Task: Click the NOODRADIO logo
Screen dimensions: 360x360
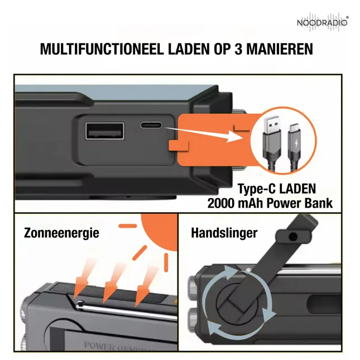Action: pyautogui.click(x=323, y=22)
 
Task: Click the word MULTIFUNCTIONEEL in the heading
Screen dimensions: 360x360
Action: pyautogui.click(x=102, y=49)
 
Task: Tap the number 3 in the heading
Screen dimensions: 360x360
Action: pyautogui.click(x=238, y=49)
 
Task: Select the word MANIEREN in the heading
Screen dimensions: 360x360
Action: pyautogui.click(x=280, y=49)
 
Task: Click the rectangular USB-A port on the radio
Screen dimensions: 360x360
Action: pyautogui.click(x=105, y=131)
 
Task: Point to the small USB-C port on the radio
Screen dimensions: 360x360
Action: pyautogui.click(x=151, y=126)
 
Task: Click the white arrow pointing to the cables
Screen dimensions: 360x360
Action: pyautogui.click(x=204, y=134)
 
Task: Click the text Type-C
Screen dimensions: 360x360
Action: pyautogui.click(x=256, y=189)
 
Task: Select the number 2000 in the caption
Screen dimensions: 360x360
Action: pyautogui.click(x=220, y=203)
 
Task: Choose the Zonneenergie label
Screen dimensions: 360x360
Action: pyautogui.click(x=61, y=233)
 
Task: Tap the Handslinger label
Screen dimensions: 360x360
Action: pyautogui.click(x=224, y=233)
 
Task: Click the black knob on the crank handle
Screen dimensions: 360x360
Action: pyautogui.click(x=293, y=236)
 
